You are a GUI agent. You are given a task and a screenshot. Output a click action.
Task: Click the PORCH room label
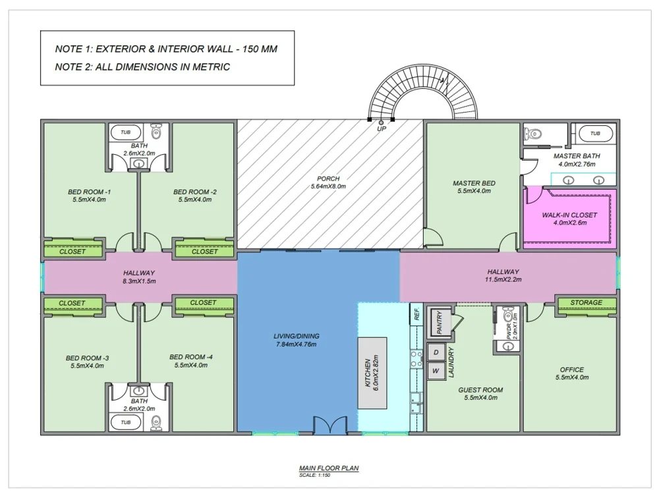pos(328,178)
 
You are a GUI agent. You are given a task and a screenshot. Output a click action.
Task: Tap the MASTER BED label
pos(474,183)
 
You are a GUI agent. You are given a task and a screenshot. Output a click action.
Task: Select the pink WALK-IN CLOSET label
pos(569,215)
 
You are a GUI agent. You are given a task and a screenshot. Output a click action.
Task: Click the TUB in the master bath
pos(594,134)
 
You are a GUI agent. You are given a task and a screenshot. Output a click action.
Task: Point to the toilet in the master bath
pos(532,134)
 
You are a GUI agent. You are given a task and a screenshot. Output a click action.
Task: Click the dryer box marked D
pos(436,352)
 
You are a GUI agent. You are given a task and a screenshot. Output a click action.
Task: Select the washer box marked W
pos(436,371)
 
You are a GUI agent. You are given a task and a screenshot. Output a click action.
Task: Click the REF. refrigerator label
pos(416,313)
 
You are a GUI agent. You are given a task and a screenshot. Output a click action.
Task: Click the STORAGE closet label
pos(586,303)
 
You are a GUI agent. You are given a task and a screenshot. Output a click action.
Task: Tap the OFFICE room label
pos(571,370)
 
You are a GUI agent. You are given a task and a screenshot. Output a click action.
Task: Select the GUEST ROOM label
pos(480,390)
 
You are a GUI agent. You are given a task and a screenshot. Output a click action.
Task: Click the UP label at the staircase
pos(382,129)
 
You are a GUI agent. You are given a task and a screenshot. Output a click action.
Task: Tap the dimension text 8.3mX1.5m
pos(139,281)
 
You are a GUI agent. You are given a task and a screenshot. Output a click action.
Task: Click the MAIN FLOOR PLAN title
pos(329,468)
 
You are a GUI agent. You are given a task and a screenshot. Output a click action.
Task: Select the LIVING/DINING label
pos(295,337)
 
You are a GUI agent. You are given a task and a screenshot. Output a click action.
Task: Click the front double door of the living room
pos(329,426)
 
